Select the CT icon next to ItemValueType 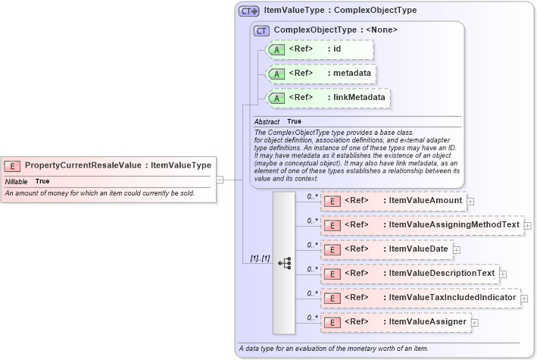[x=248, y=11]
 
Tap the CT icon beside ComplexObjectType [x=262, y=30]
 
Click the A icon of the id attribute [x=276, y=50]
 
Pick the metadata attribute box [x=321, y=74]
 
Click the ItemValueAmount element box [x=394, y=201]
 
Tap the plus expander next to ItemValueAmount [x=470, y=202]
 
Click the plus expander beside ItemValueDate [x=457, y=249]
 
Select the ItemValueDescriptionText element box [x=410, y=274]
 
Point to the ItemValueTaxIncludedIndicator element [x=420, y=298]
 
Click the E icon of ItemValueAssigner [x=331, y=322]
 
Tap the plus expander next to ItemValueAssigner [x=475, y=323]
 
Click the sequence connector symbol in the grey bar [x=284, y=263]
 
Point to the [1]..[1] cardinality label [x=260, y=258]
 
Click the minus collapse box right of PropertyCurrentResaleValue [x=220, y=180]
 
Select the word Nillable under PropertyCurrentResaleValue [x=17, y=182]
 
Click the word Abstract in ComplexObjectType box [x=267, y=122]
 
